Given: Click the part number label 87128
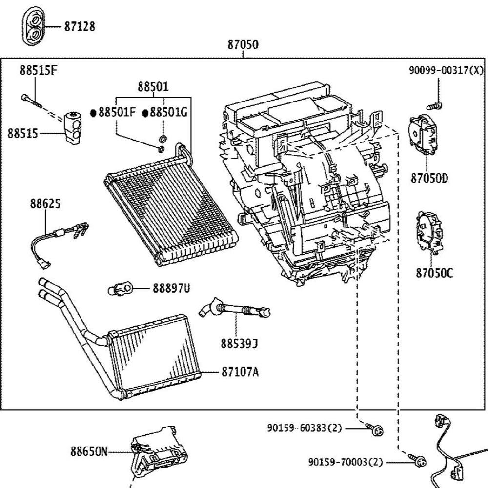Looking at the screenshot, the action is click(x=80, y=26).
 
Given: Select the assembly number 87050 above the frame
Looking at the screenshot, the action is click(x=243, y=44).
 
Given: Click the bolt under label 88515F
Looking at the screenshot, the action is click(x=32, y=101).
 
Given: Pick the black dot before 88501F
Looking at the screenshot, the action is click(x=93, y=113).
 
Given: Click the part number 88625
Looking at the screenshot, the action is click(x=45, y=204).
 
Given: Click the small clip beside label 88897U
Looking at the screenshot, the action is click(x=121, y=288).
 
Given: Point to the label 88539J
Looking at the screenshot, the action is click(x=239, y=344).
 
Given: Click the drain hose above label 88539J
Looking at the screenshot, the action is click(x=235, y=309).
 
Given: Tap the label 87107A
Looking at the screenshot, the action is click(x=240, y=371).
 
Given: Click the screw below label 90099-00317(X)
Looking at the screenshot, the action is click(x=435, y=105).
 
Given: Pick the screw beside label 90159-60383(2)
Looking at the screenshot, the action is click(x=374, y=429).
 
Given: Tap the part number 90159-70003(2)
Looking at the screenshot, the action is click(x=346, y=462).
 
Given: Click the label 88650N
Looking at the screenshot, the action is click(x=89, y=451).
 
